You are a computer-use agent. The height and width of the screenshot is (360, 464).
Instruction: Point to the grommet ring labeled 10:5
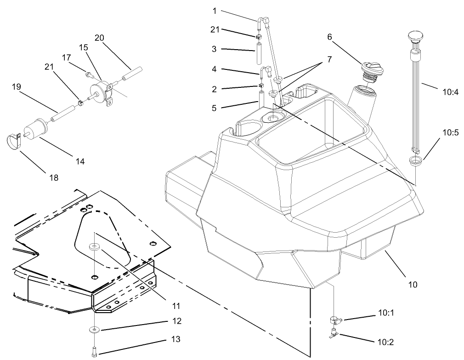pyautogui.click(x=415, y=160)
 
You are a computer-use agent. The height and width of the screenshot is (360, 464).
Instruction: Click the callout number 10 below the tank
pyautogui.click(x=413, y=285)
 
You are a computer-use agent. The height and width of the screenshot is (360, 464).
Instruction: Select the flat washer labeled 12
pyautogui.click(x=94, y=330)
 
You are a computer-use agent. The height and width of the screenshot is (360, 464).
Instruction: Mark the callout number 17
pyautogui.click(x=67, y=57)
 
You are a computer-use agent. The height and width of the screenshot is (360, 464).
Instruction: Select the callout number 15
pyautogui.click(x=83, y=47)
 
